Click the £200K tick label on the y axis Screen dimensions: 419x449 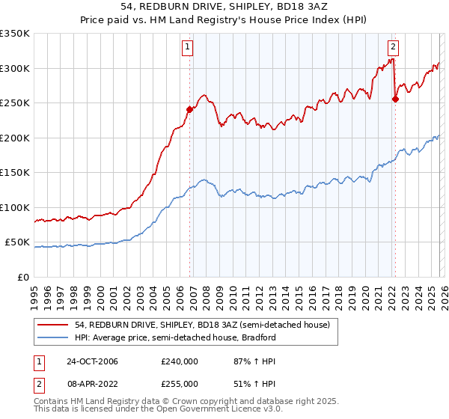click(15, 138)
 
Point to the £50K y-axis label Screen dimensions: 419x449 click(17, 242)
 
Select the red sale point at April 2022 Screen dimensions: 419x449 click(395, 99)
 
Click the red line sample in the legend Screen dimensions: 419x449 click(52, 325)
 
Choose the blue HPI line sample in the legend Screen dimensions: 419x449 click(52, 337)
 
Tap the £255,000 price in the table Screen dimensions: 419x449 click(180, 384)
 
